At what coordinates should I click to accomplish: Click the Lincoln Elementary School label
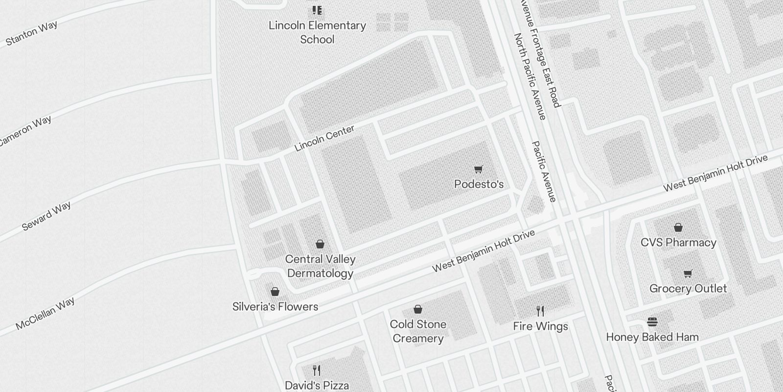click(317, 32)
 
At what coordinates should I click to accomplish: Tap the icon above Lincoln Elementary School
click(317, 10)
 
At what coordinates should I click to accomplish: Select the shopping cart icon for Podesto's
click(479, 170)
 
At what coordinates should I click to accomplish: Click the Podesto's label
click(479, 184)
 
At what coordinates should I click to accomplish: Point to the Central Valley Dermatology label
click(320, 266)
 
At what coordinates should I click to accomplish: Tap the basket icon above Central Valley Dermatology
click(320, 244)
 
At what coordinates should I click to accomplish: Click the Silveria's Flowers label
click(275, 307)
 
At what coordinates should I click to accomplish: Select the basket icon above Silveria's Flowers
click(275, 292)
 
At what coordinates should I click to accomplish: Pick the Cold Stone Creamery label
click(418, 331)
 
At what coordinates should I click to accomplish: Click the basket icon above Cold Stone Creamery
click(418, 309)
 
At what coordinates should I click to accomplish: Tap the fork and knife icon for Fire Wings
click(540, 311)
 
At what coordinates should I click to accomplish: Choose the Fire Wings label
click(540, 326)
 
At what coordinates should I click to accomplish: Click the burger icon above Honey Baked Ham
click(652, 322)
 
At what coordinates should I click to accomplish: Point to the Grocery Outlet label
click(688, 289)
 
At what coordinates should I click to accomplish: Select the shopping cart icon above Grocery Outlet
click(688, 273)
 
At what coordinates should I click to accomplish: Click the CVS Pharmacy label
click(678, 243)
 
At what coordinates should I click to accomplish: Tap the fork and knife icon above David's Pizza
click(317, 370)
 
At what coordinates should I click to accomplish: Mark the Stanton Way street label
click(32, 33)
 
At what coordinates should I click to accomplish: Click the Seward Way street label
click(46, 216)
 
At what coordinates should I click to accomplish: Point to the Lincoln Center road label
click(324, 138)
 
